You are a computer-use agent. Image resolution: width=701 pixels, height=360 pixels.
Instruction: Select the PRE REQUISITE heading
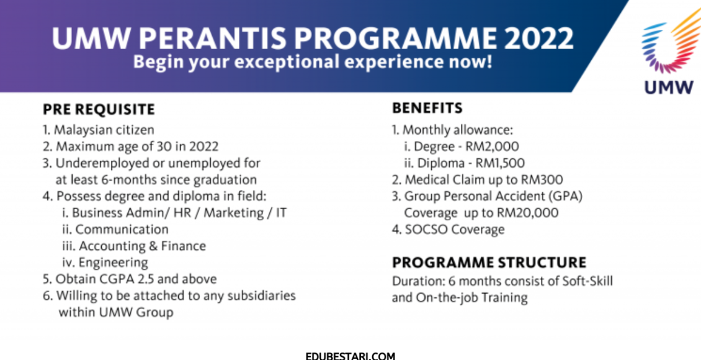pyautogui.click(x=99, y=110)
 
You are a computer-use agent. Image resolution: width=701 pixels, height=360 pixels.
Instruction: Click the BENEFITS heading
pyautogui.click(x=427, y=108)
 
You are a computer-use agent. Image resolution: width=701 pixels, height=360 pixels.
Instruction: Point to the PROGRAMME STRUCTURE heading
pyautogui.click(x=489, y=262)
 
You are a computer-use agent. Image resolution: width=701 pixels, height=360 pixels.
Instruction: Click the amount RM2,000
pyautogui.click(x=492, y=146)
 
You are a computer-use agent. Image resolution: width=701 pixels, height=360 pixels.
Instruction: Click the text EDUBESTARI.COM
pyautogui.click(x=351, y=356)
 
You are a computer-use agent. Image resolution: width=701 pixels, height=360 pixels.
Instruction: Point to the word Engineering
pyautogui.click(x=119, y=263)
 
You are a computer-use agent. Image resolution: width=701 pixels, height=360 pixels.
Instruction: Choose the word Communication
pyautogui.click(x=122, y=230)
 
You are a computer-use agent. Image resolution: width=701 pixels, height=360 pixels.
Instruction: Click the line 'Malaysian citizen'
pyautogui.click(x=104, y=130)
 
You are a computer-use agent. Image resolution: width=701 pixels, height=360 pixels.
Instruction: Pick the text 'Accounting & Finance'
pyautogui.click(x=143, y=246)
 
